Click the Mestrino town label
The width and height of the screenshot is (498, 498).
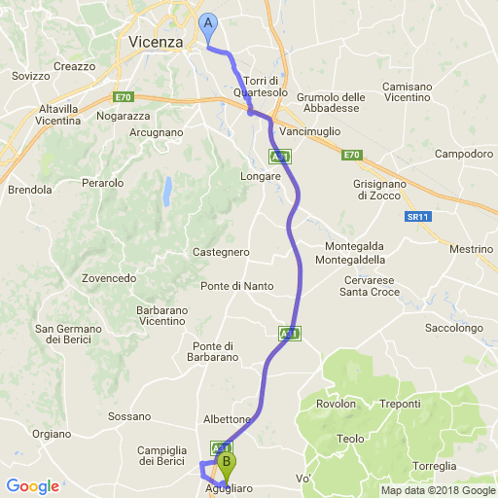[x=472, y=249]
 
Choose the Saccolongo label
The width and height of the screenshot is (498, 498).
[x=454, y=329]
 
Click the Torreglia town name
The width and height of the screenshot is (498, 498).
[x=434, y=466]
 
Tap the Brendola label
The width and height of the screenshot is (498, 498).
[x=29, y=190]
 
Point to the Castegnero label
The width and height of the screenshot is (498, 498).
[x=221, y=252]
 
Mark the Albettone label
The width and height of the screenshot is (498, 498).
[x=227, y=419]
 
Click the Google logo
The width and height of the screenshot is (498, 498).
[x=32, y=485]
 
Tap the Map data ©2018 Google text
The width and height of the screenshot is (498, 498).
[x=437, y=490]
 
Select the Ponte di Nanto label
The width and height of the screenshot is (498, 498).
[x=236, y=286]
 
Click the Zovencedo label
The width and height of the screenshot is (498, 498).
[x=109, y=278]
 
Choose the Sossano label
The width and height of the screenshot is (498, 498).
[x=129, y=416]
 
